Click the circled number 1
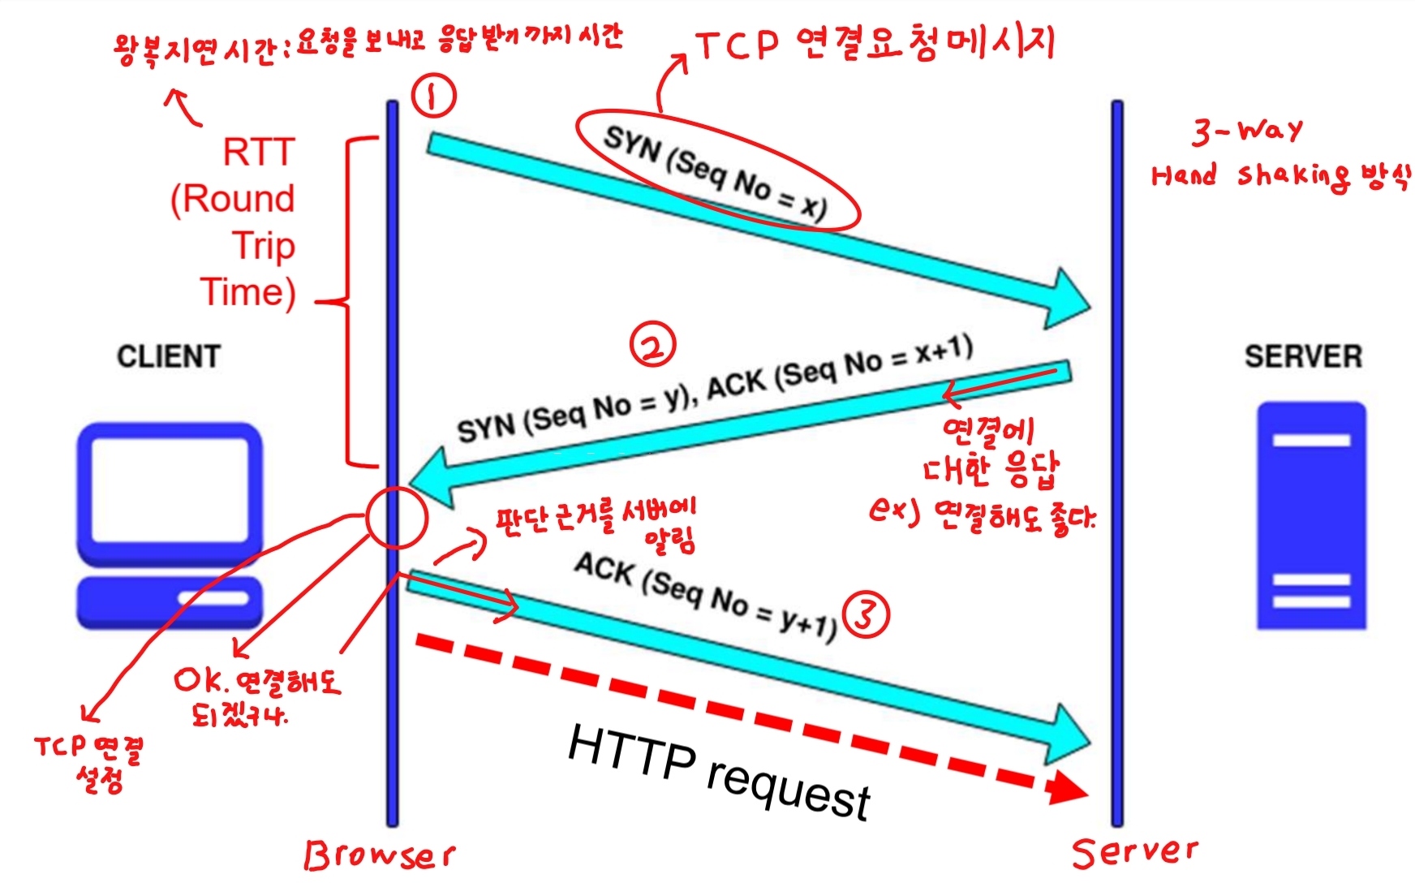[434, 96]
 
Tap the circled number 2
[653, 345]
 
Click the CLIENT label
[169, 356]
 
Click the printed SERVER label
[1303, 356]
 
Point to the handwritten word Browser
[379, 855]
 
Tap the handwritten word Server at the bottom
[1134, 851]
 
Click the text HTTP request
[719, 770]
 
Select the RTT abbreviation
[259, 152]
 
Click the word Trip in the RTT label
[264, 245]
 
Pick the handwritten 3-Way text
[1247, 131]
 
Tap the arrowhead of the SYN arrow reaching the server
[1066, 299]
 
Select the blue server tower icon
[1311, 515]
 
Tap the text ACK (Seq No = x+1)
[840, 370]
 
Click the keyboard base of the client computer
[170, 601]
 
